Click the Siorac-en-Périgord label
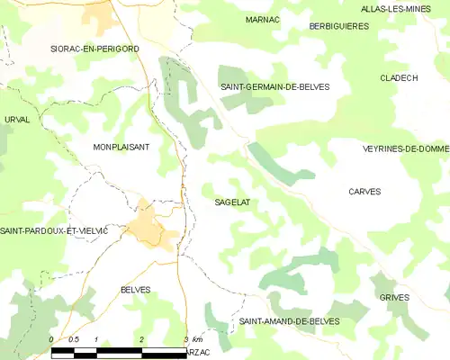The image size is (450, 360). tap(95, 49)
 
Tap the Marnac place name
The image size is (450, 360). tap(262, 19)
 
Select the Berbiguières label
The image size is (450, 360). tap(338, 27)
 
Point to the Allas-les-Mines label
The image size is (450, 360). tap(404, 8)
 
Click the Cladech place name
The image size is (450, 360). tap(399, 78)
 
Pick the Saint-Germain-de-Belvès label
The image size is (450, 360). tap(275, 86)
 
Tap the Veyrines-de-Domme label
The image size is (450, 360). tap(405, 148)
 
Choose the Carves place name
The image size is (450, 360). tap(364, 192)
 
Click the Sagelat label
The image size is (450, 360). tap(232, 202)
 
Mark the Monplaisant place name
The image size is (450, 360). tap(121, 146)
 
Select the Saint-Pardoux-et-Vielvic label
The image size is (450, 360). tap(54, 231)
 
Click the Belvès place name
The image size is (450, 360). tap(135, 289)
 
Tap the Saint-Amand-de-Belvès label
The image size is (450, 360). tap(283, 321)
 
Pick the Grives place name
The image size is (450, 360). tap(394, 297)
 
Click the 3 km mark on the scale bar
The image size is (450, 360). tap(186, 339)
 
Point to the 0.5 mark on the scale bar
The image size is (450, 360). tap(75, 339)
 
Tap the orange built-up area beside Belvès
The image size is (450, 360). tap(150, 225)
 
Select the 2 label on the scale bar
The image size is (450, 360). tap(142, 339)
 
